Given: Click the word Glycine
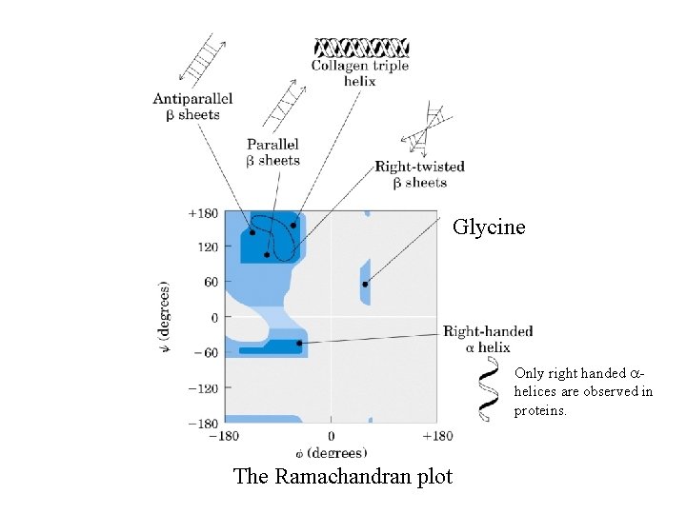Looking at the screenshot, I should [x=488, y=227].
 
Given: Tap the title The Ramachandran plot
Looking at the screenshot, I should [x=342, y=476].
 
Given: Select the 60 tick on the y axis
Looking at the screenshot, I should [x=209, y=282].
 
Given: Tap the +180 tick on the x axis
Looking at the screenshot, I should [x=437, y=436].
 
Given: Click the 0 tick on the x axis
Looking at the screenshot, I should [x=331, y=436].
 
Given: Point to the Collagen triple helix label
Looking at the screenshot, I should [x=359, y=73].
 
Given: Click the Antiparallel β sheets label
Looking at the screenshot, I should [x=193, y=107].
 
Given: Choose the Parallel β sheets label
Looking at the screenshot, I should [x=272, y=152].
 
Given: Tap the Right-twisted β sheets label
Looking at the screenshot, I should [x=419, y=174].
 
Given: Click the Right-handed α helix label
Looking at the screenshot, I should [x=488, y=339].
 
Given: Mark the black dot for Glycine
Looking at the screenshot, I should [x=365, y=284].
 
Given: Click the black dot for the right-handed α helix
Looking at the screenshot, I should [x=299, y=343].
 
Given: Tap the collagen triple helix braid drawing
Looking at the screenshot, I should [x=362, y=47].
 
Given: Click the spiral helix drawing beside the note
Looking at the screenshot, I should [x=490, y=392].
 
